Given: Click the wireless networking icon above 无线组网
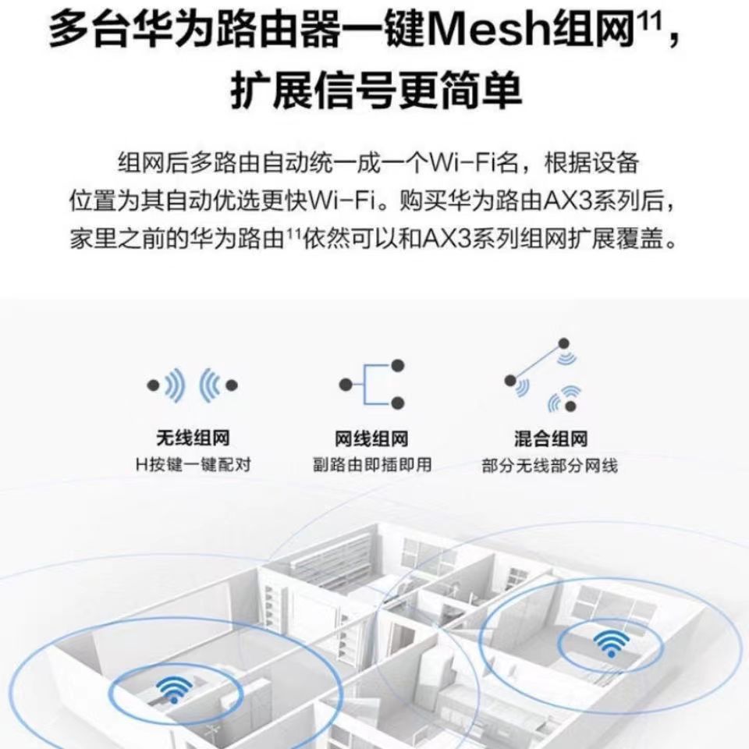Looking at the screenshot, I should pos(192,385).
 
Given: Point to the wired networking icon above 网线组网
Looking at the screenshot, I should pos(371,384).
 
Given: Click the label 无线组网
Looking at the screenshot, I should pos(192,439).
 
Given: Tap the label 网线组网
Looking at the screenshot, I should pos(371,440).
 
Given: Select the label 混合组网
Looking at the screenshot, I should pos(551,440).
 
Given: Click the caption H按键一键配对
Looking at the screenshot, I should pos(193,466).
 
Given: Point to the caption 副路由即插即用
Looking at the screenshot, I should pos(371,466).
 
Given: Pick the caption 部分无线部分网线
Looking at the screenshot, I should pos(550,467).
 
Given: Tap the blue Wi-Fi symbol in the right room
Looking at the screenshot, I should pos(610,642).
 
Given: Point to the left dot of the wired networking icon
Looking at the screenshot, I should pos(344,384).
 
